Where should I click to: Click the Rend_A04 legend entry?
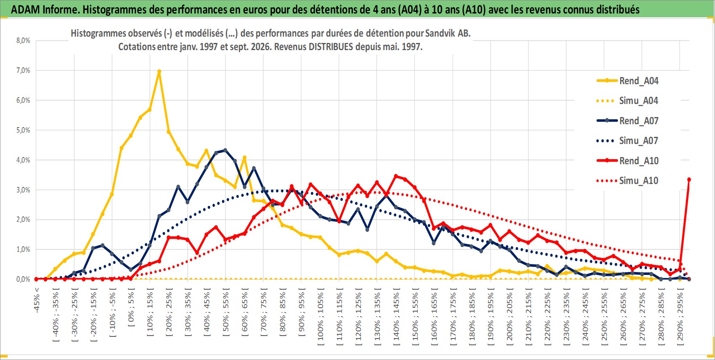pos(627,81)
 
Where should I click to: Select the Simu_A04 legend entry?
pos(627,101)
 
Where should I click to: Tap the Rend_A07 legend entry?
pos(627,121)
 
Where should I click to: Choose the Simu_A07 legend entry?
pos(627,141)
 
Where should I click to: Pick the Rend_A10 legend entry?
pos(627,160)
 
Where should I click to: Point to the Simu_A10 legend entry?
pos(627,181)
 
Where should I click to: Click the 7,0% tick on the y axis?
pos(23,71)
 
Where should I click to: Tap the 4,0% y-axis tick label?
pos(23,160)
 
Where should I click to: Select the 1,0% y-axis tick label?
pos(23,250)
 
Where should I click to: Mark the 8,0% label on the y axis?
pos(23,40)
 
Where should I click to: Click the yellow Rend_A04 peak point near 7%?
pos(159,72)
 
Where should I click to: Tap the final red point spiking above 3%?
pos(689,180)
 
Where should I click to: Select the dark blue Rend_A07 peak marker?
pos(225,150)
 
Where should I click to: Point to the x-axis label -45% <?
pos(37,300)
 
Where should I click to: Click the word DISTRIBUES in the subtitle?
pos(331,47)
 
